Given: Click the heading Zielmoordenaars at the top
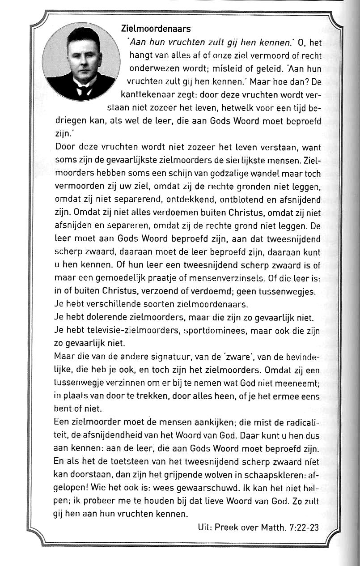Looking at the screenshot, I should [x=156, y=29].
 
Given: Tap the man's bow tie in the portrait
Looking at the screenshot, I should [x=83, y=89].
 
